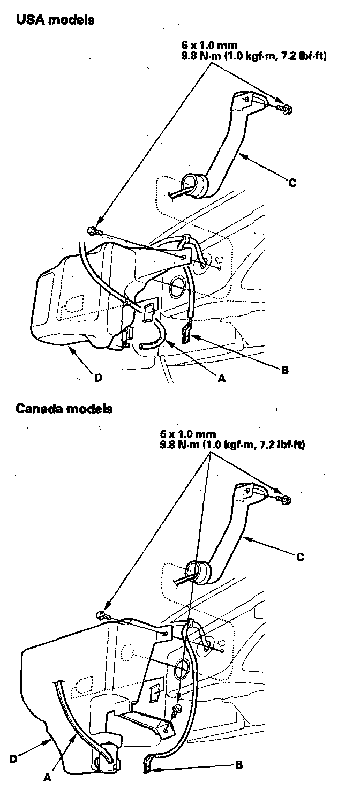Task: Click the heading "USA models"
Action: [x=55, y=20]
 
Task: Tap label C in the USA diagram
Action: [x=292, y=183]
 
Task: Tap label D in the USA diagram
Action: [x=98, y=378]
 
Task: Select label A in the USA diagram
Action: [x=221, y=378]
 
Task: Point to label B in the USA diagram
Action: [x=284, y=369]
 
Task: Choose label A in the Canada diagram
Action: [x=47, y=779]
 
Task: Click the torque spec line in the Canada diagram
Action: [x=232, y=444]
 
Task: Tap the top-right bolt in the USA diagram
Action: [x=285, y=109]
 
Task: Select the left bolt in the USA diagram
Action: [x=93, y=231]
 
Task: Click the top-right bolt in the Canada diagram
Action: [x=285, y=499]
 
